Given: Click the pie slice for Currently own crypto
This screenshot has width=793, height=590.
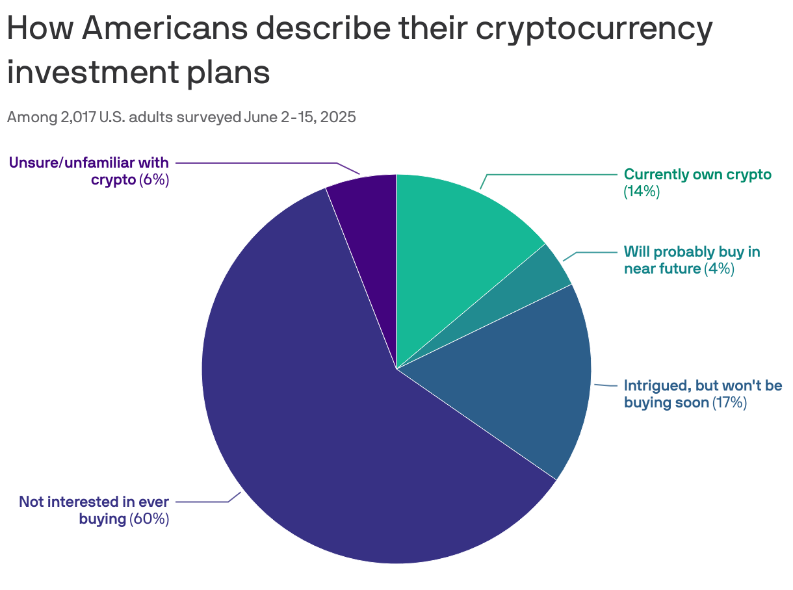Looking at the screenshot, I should pyautogui.click(x=455, y=240).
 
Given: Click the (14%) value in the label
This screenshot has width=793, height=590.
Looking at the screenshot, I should pyautogui.click(x=642, y=192).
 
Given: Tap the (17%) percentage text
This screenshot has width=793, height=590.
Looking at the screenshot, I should pyautogui.click(x=730, y=403).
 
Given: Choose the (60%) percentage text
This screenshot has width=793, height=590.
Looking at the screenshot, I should pyautogui.click(x=149, y=519).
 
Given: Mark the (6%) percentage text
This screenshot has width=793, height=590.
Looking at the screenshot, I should pyautogui.click(x=154, y=180).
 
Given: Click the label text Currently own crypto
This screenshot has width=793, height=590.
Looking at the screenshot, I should pyautogui.click(x=697, y=174).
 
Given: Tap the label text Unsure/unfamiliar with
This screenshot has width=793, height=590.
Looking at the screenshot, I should pyautogui.click(x=89, y=162).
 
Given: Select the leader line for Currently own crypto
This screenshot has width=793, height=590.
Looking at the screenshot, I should pyautogui.click(x=552, y=174).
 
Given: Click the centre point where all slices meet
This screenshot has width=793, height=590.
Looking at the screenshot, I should pyautogui.click(x=396, y=369).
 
